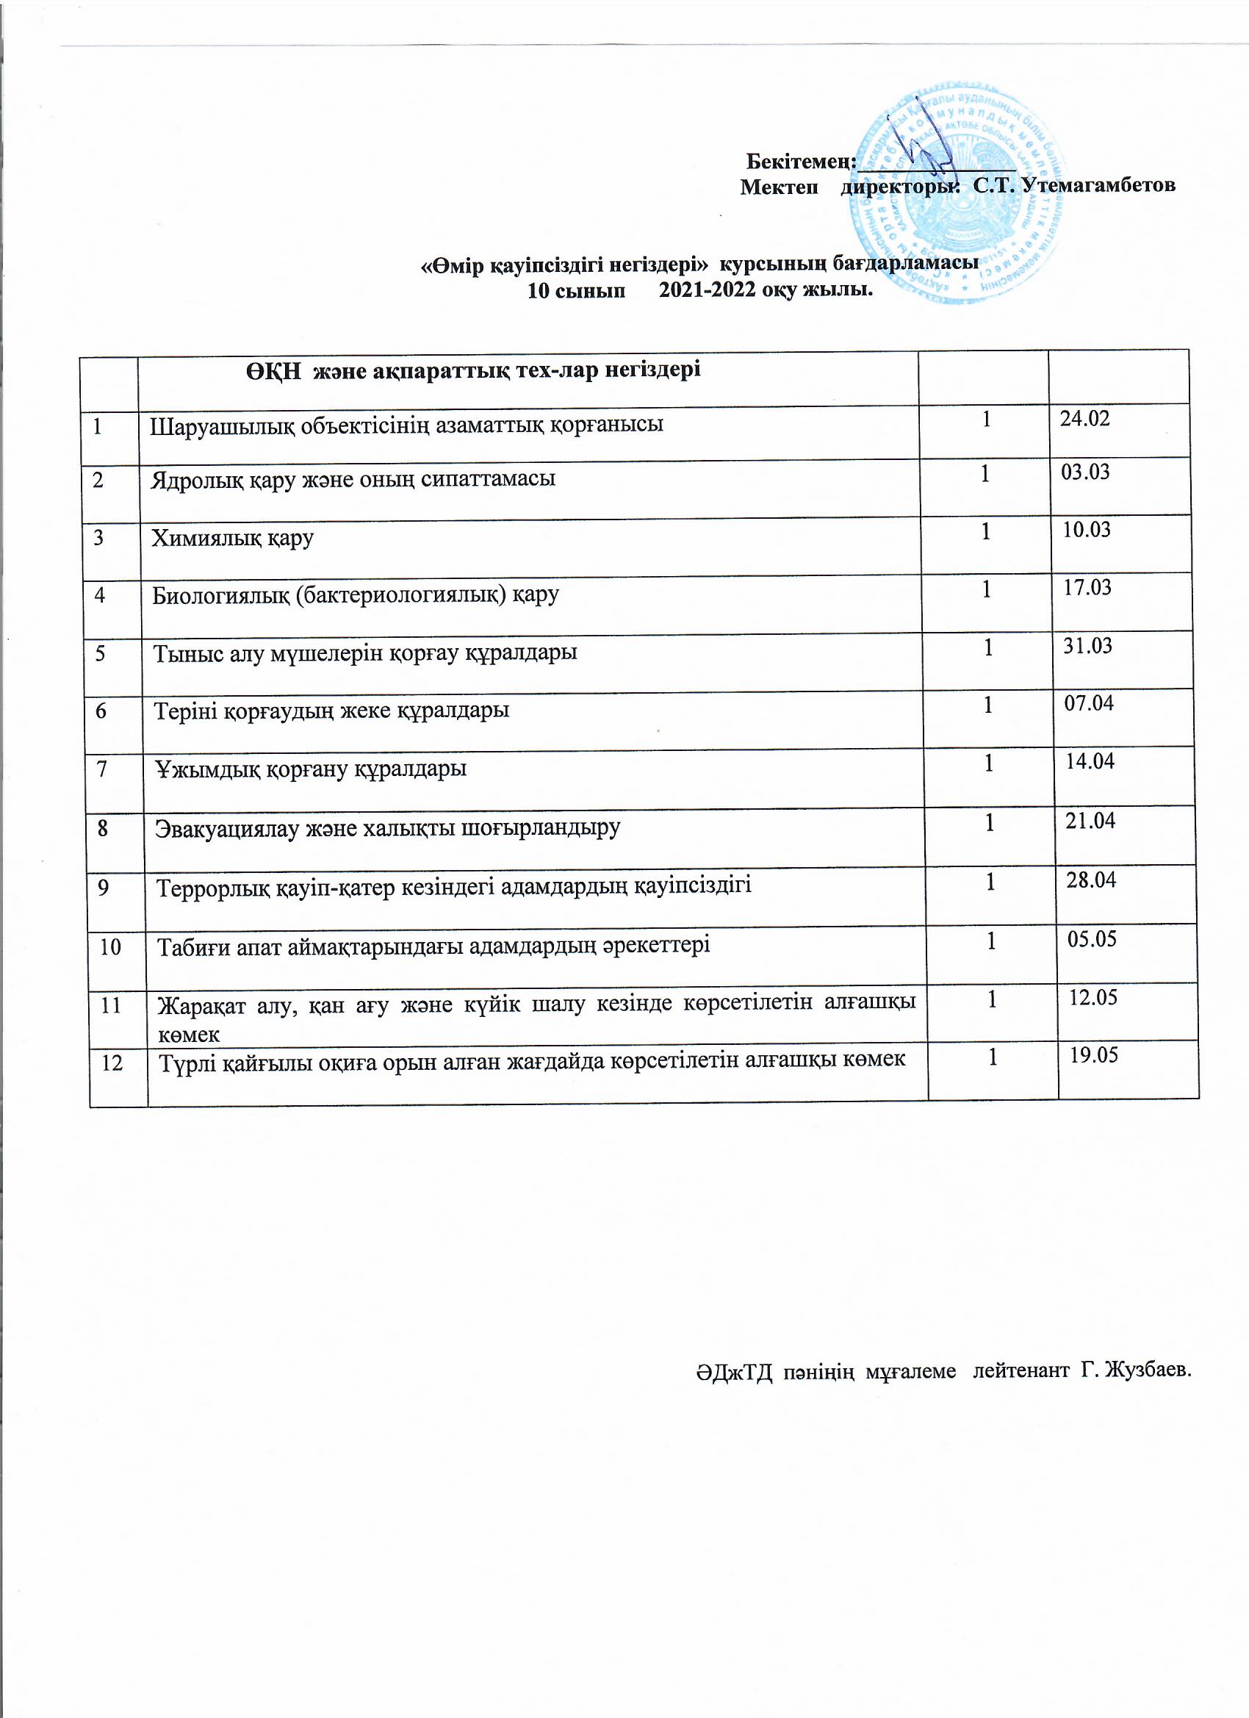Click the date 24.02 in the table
[1084, 418]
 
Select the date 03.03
[1085, 472]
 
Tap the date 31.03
[1087, 646]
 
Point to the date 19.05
[1094, 1055]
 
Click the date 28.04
[1092, 880]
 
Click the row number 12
[112, 1063]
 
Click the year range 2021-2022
[707, 290]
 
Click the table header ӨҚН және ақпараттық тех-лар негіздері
[472, 370]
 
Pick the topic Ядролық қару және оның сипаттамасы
[353, 480]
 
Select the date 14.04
[1090, 761]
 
